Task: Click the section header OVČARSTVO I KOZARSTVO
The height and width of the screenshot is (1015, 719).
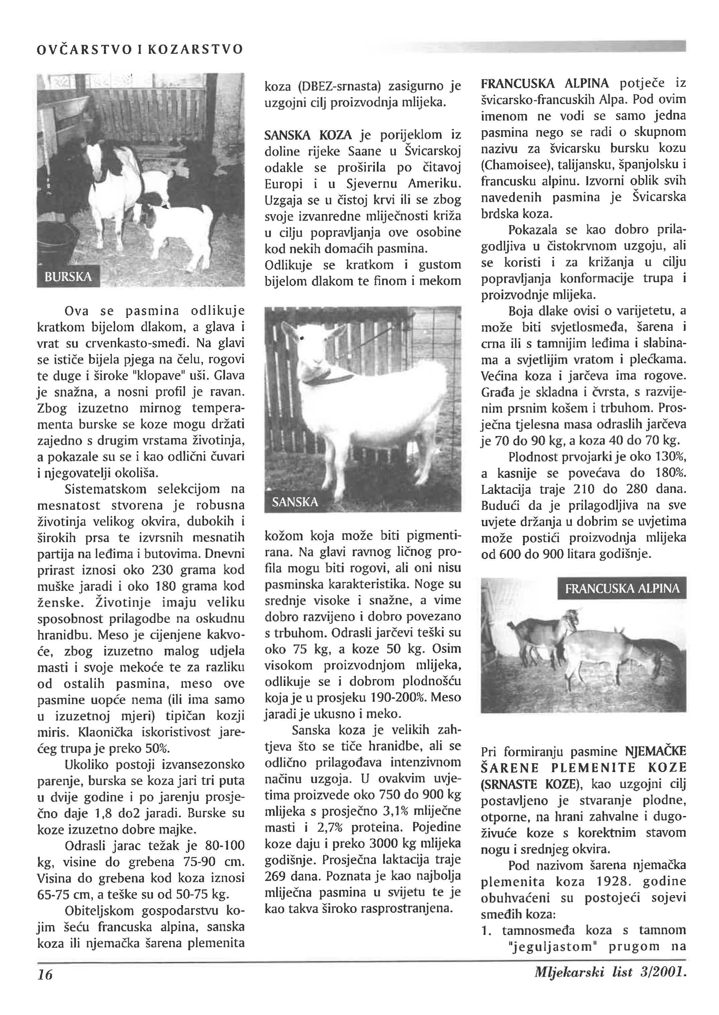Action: tap(140, 49)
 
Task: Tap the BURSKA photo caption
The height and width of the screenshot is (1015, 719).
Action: tap(69, 277)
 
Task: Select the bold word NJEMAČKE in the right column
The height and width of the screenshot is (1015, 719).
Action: tap(655, 752)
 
